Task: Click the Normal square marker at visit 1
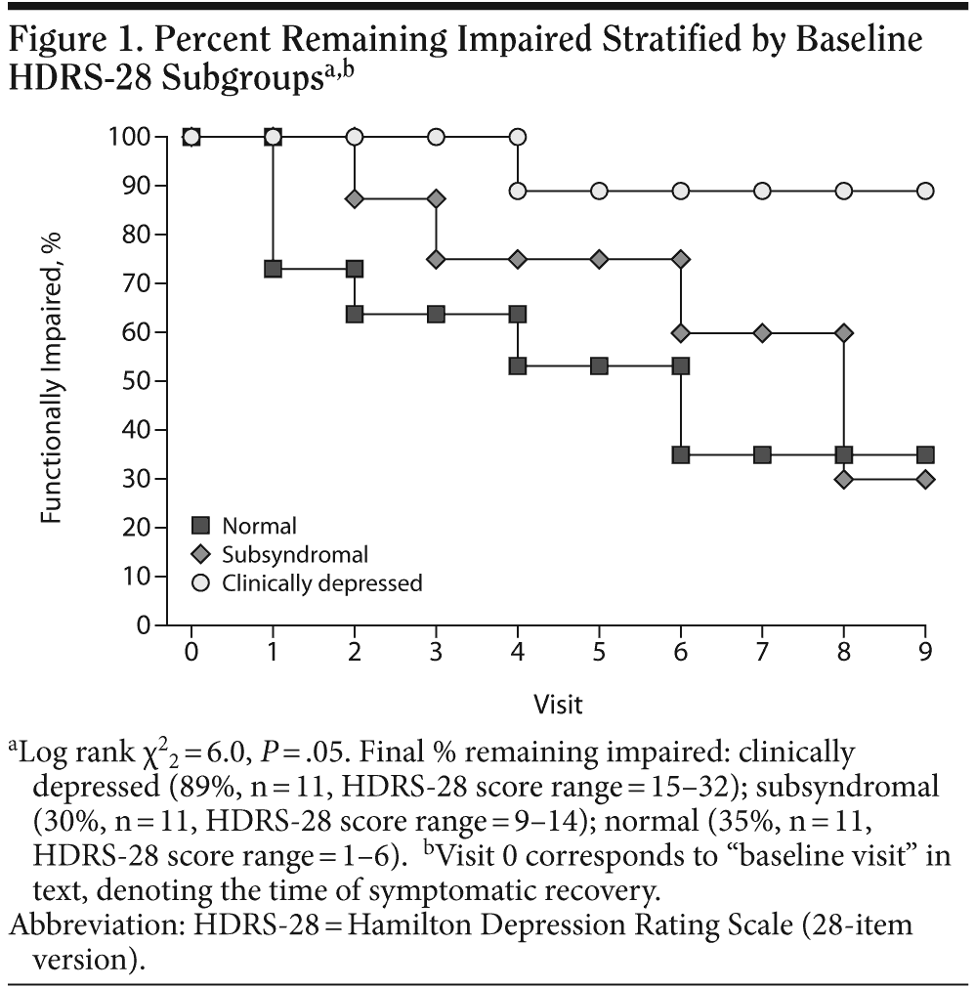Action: point(273,269)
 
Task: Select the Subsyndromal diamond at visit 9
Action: point(925,479)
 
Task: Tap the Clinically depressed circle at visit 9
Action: point(925,191)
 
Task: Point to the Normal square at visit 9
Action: point(925,454)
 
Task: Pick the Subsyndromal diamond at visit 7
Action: point(762,332)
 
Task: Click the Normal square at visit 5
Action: point(599,365)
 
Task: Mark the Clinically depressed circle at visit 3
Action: point(436,137)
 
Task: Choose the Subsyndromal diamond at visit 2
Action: point(355,198)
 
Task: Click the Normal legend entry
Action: point(259,527)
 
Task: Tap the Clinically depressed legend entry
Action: point(321,583)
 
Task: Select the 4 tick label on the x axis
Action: point(518,650)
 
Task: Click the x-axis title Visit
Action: point(558,703)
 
